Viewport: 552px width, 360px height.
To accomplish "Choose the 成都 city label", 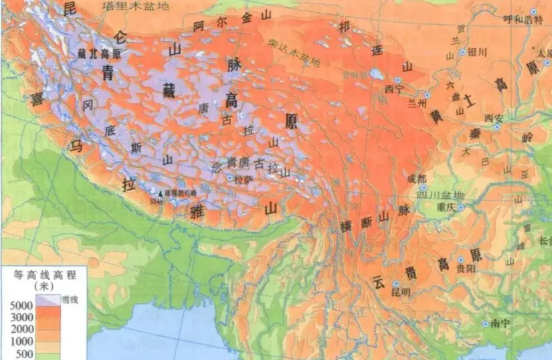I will pos(415,179).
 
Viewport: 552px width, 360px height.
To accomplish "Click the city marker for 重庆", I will pos(461,206).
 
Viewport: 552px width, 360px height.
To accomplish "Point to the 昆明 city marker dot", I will pos(395,283).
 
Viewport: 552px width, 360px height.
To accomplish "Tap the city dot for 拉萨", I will pos(230,178).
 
